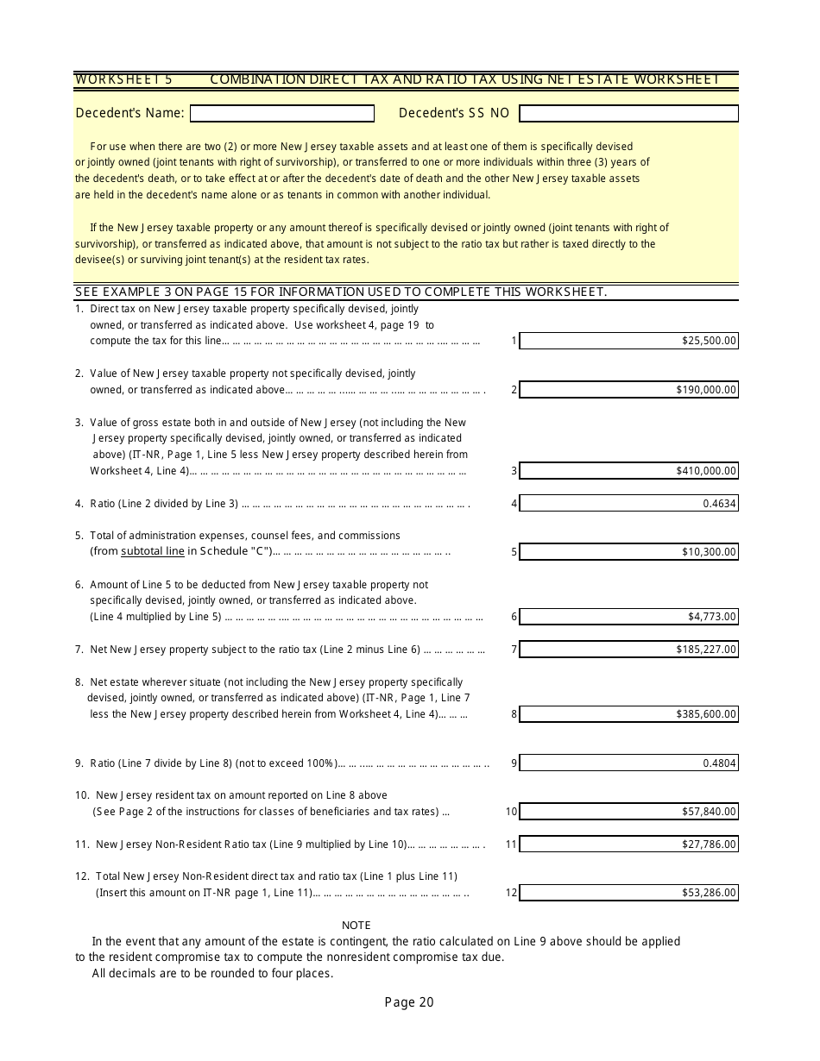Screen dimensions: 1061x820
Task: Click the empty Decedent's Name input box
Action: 282,114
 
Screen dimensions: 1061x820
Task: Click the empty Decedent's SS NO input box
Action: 628,114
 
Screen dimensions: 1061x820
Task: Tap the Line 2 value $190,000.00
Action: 706,390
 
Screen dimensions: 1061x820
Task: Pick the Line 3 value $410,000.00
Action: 706,471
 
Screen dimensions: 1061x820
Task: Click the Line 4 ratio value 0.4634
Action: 719,504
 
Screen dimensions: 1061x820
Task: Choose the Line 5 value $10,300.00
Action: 709,552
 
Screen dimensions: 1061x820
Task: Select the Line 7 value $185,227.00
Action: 706,650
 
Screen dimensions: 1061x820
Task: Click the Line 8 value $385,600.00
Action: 706,714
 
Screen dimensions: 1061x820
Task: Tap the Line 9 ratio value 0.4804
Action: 719,763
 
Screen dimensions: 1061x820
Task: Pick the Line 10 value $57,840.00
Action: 709,812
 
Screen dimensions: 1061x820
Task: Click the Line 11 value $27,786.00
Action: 709,844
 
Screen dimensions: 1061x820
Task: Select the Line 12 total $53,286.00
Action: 709,893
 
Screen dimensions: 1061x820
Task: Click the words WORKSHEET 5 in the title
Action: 123,79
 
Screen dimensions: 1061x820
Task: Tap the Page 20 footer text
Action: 409,1002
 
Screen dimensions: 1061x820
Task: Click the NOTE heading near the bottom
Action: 356,926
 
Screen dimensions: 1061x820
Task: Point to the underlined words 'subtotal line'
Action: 153,551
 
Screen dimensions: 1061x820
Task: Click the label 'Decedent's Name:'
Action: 129,113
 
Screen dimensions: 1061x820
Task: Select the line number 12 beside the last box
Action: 512,893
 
